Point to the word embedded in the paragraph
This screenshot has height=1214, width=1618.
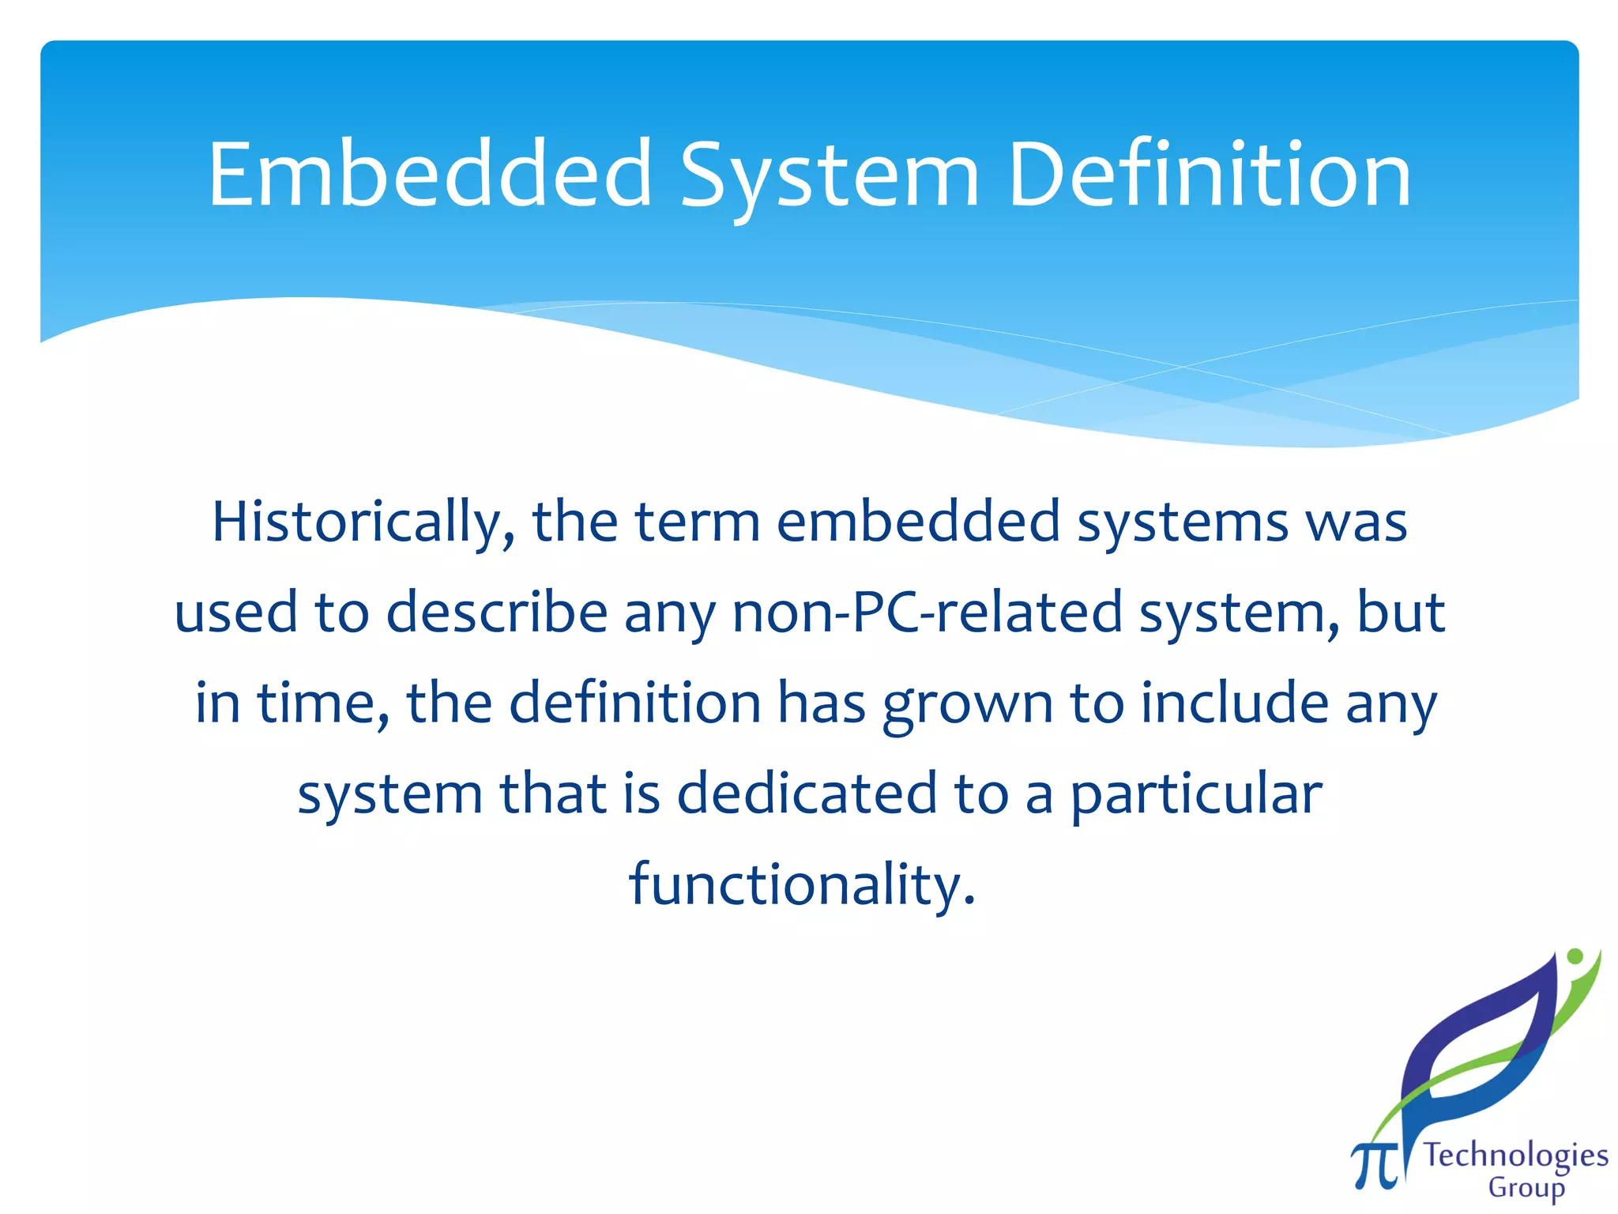tap(918, 522)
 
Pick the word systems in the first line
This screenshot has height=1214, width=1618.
tap(1183, 524)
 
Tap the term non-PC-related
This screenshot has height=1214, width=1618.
tap(928, 613)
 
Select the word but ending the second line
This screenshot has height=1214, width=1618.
tap(1401, 613)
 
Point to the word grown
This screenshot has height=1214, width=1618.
tap(968, 704)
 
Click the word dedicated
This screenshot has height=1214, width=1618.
tap(807, 794)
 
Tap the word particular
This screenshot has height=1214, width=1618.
tap(1196, 795)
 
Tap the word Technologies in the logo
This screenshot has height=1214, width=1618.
tap(1515, 1156)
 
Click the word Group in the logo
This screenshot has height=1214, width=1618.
tap(1526, 1188)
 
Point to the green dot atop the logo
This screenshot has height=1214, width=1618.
tap(1575, 956)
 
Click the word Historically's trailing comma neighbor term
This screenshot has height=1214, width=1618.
tap(574, 522)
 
